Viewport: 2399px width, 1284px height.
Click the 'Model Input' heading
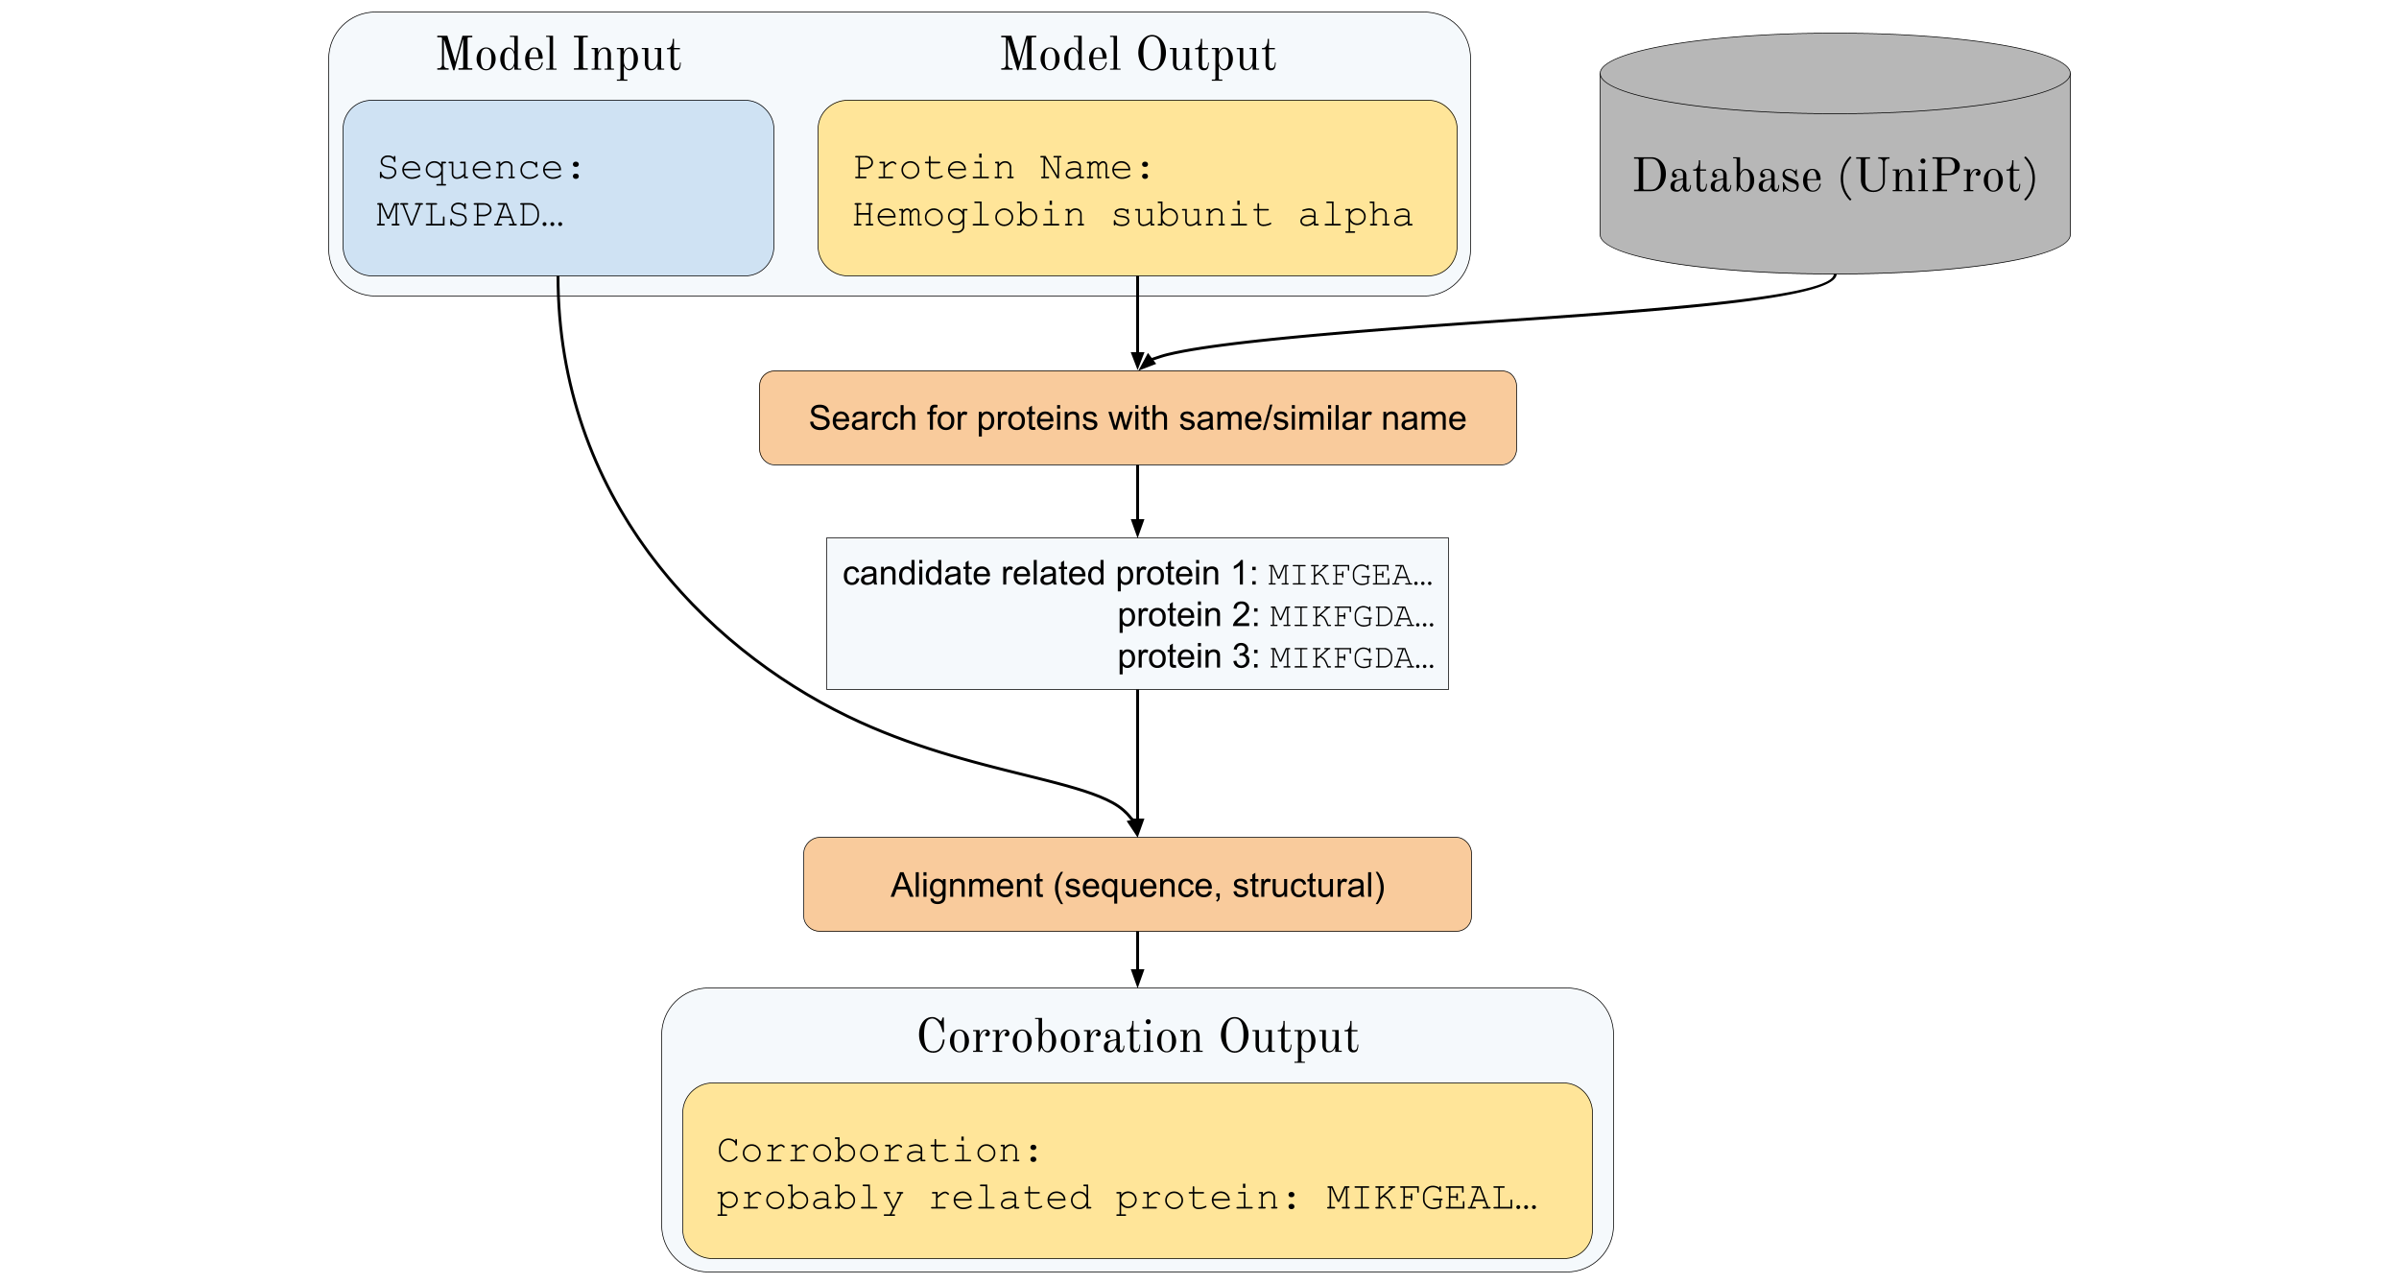[558, 55]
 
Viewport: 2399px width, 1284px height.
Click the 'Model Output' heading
[1138, 55]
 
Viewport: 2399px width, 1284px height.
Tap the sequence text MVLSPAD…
[469, 215]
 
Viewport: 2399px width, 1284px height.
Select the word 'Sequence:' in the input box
[480, 168]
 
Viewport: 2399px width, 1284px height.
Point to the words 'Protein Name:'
[1003, 168]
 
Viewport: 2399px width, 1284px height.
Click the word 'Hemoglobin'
[969, 215]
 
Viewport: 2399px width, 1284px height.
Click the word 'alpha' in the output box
[1355, 215]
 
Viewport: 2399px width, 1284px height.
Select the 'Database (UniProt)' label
[1835, 177]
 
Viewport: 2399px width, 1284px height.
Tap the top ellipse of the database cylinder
[1835, 73]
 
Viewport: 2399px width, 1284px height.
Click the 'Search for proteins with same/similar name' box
[1137, 418]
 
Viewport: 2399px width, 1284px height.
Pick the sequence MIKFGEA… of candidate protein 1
[1350, 575]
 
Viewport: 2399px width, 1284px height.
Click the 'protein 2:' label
[1187, 615]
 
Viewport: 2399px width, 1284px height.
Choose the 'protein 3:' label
[1187, 656]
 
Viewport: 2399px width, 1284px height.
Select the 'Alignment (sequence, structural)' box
[1137, 885]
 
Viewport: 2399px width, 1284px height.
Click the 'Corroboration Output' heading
[1137, 1037]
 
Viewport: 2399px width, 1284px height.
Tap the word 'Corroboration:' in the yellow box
[878, 1151]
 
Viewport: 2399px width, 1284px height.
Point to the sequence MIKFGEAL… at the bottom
[1431, 1198]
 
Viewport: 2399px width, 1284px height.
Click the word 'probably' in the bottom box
[810, 1199]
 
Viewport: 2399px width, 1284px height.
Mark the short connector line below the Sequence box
[558, 286]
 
